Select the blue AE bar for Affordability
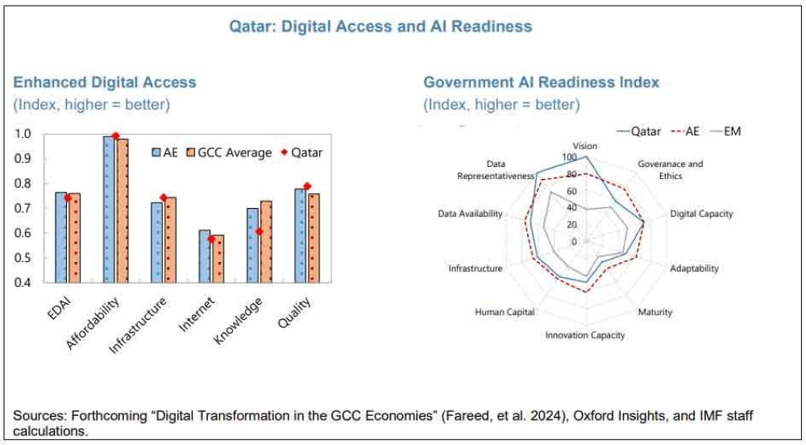[x=108, y=210]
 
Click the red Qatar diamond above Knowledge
[x=260, y=232]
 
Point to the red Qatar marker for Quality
[x=307, y=187]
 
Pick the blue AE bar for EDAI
[x=60, y=237]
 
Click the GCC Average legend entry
[x=230, y=152]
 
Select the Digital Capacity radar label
[x=701, y=214]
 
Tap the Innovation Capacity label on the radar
[x=585, y=335]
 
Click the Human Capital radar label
[x=505, y=312]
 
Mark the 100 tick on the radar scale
[x=569, y=157]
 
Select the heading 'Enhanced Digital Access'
[x=105, y=82]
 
